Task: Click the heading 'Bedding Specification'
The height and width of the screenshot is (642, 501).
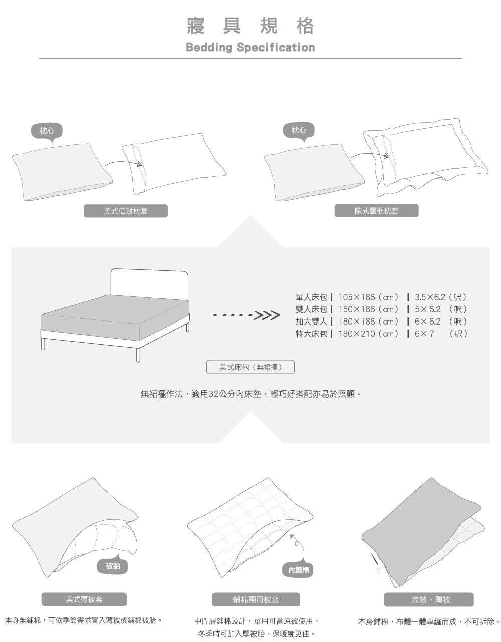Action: pyautogui.click(x=250, y=47)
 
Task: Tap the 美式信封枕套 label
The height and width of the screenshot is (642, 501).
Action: pyautogui.click(x=125, y=211)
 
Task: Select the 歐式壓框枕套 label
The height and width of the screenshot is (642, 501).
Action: pyautogui.click(x=376, y=211)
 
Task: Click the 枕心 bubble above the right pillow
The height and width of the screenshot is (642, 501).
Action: pyautogui.click(x=299, y=131)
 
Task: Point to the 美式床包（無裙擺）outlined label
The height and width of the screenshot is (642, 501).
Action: pyautogui.click(x=250, y=367)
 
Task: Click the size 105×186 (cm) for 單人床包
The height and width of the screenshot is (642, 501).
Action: pyautogui.click(x=368, y=297)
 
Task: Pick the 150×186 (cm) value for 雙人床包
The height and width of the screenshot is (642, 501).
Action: pyautogui.click(x=368, y=309)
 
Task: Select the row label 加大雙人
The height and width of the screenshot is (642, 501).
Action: pyautogui.click(x=311, y=321)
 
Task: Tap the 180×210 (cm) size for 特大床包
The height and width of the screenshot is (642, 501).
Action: pyautogui.click(x=368, y=333)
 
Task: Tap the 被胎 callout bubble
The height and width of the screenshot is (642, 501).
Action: pyautogui.click(x=113, y=566)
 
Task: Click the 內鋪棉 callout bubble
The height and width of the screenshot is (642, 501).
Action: pyautogui.click(x=298, y=570)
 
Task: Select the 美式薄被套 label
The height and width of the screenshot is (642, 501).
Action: pyautogui.click(x=84, y=599)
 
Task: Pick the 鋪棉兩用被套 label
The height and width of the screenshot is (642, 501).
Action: pyautogui.click(x=256, y=599)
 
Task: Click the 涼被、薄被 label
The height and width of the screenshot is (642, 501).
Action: pyautogui.click(x=428, y=599)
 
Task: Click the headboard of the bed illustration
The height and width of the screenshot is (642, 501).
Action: pyautogui.click(x=149, y=283)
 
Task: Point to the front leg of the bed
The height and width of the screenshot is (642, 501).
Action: pyautogui.click(x=138, y=354)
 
